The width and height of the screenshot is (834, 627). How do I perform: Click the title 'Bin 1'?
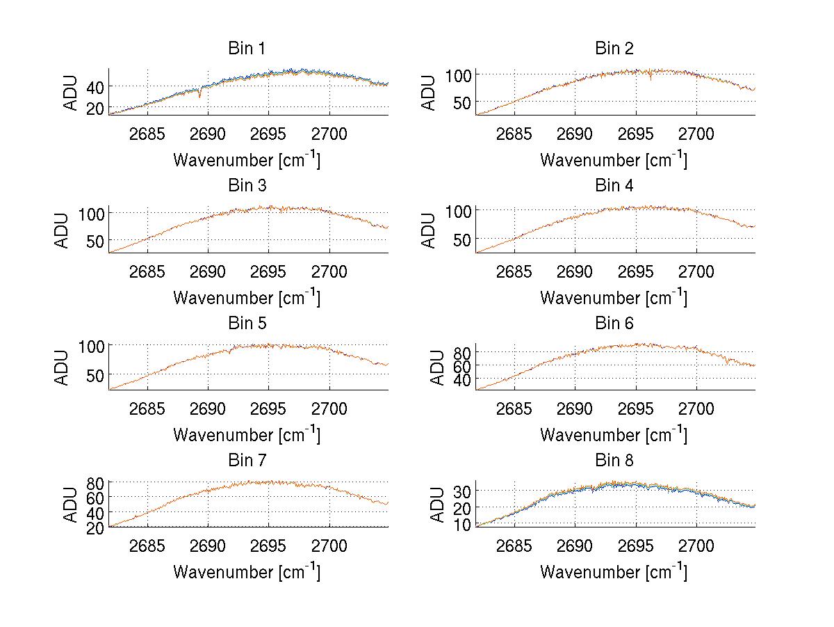[x=246, y=49]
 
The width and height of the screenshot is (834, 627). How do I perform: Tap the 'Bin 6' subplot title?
[x=614, y=324]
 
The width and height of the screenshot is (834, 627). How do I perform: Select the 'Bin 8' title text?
[x=614, y=461]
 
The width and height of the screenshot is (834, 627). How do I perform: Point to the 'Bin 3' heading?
[x=246, y=186]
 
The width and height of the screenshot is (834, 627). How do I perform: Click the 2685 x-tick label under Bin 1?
[x=147, y=134]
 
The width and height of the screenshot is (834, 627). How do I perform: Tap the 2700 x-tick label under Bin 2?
[x=696, y=134]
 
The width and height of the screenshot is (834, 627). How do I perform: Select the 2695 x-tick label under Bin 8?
[x=635, y=546]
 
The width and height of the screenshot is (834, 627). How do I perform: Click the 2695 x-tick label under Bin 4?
[x=635, y=271]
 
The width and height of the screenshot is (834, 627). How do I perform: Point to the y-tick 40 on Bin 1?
[x=94, y=86]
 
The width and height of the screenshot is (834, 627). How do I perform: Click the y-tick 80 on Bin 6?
[x=461, y=352]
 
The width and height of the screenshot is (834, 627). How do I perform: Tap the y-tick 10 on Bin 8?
[x=461, y=525]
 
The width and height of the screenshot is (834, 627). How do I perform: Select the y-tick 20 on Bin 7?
[x=94, y=527]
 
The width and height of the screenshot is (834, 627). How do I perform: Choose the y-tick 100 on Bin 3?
[x=90, y=212]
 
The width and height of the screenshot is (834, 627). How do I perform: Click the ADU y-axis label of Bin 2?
[x=429, y=93]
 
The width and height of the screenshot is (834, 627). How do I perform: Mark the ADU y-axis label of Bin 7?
[x=62, y=505]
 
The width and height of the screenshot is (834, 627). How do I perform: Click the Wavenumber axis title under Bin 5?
[x=246, y=435]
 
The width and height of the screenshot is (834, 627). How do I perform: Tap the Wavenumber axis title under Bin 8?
[x=614, y=572]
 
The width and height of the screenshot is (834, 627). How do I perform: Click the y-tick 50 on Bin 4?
[x=461, y=239]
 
